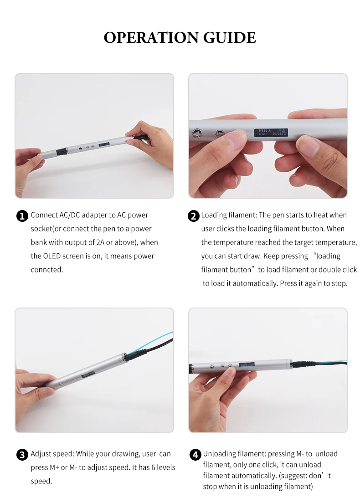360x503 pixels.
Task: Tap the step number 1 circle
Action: point(22,216)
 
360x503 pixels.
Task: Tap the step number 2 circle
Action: point(194,216)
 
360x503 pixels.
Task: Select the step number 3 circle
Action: point(22,455)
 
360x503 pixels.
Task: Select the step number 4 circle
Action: point(195,455)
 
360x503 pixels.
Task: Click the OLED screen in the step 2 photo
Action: point(271,132)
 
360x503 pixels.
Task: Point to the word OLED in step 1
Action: point(51,256)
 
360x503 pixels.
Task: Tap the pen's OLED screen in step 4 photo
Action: point(247,365)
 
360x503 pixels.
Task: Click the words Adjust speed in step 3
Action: point(52,454)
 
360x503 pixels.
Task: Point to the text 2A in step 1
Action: point(100,242)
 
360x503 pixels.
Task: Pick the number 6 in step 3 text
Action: point(154,467)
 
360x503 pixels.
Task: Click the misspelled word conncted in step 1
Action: point(47,270)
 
